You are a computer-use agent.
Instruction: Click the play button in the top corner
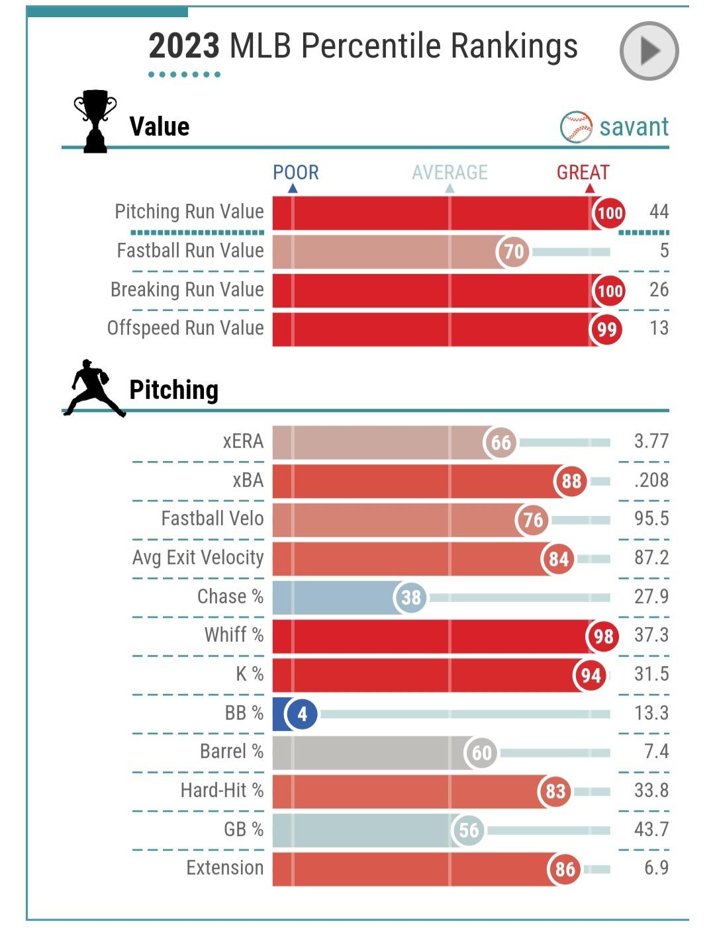(x=649, y=51)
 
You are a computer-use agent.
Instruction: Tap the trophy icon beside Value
(x=95, y=121)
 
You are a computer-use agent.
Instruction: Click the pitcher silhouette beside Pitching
(x=95, y=388)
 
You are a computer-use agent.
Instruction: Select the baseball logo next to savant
(x=576, y=127)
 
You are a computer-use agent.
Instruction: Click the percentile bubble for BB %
(x=302, y=714)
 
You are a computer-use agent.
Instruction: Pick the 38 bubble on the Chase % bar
(x=410, y=598)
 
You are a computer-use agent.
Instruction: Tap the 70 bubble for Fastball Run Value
(x=513, y=252)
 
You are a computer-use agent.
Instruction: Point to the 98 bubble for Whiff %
(x=602, y=637)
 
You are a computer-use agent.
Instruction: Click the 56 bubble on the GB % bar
(x=468, y=830)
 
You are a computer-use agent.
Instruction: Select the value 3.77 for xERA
(x=651, y=441)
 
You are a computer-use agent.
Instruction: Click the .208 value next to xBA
(x=651, y=480)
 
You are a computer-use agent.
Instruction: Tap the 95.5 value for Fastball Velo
(x=651, y=519)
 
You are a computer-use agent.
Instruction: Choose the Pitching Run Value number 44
(x=659, y=212)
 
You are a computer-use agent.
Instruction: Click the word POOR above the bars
(x=295, y=173)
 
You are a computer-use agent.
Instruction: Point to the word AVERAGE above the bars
(x=450, y=173)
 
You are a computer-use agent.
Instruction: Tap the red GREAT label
(x=583, y=173)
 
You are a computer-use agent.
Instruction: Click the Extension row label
(x=224, y=868)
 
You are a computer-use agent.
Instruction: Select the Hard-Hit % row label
(x=222, y=790)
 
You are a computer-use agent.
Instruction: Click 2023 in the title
(x=183, y=46)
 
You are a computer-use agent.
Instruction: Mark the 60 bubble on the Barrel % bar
(x=481, y=753)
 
